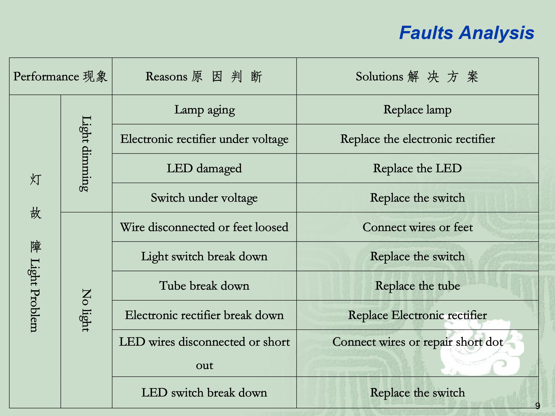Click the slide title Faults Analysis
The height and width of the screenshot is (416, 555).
click(x=467, y=33)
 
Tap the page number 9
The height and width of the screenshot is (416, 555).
click(x=537, y=406)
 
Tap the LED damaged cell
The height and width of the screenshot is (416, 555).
click(x=204, y=168)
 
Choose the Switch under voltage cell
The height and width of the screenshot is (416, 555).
click(x=204, y=198)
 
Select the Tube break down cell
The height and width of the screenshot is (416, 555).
click(x=204, y=286)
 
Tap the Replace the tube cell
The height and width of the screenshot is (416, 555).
click(x=418, y=286)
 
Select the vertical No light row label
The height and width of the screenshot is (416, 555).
click(x=86, y=310)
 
